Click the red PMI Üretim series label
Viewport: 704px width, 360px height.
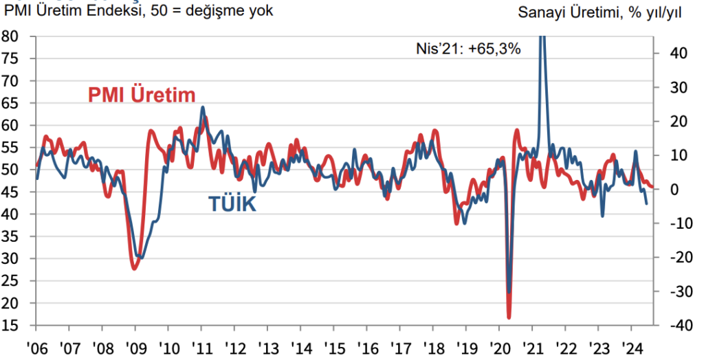click(142, 95)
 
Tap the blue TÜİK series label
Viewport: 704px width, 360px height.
click(232, 203)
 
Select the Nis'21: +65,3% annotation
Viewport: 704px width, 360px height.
click(468, 49)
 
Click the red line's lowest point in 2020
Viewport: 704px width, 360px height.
click(509, 317)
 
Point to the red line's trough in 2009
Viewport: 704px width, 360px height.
click(135, 268)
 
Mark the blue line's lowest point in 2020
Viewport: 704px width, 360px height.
click(509, 292)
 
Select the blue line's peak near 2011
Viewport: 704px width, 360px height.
click(203, 107)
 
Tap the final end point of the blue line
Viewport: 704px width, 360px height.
click(646, 204)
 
